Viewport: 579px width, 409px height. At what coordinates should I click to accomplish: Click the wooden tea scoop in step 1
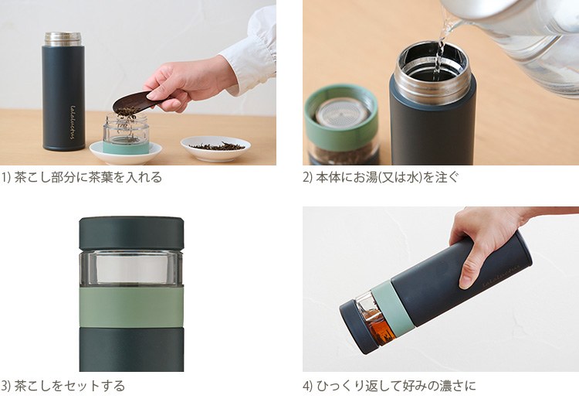pos(135,104)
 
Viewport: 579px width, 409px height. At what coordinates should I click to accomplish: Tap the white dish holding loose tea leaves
pos(215,147)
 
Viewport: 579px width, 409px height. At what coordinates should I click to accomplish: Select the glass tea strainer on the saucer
pos(125,131)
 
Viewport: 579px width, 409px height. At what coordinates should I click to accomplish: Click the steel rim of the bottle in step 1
pos(63,39)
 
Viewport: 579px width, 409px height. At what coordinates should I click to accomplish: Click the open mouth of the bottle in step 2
pos(433,62)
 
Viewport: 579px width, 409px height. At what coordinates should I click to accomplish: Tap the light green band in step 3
pos(131,308)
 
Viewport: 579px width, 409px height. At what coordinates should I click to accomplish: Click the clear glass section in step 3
pos(131,268)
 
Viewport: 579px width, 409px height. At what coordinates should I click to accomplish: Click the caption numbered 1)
pos(82,177)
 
